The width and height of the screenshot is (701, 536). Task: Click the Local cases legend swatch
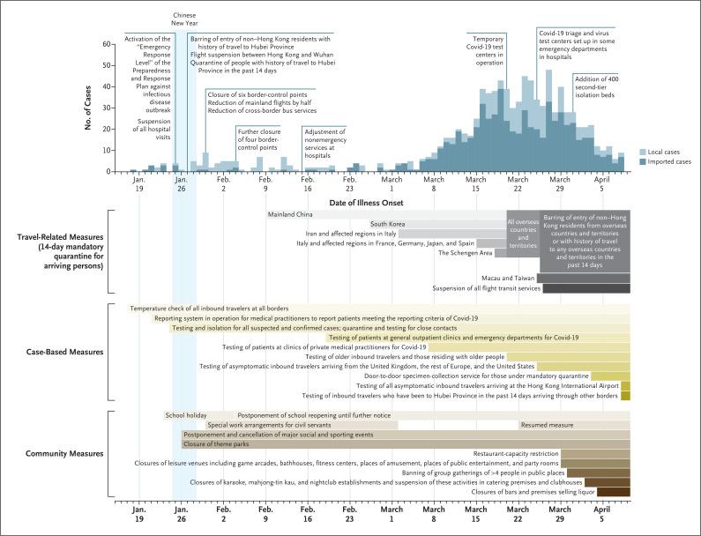[x=643, y=152]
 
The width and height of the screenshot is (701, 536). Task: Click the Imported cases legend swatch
[x=643, y=161]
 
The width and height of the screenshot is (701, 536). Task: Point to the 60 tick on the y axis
[x=107, y=44]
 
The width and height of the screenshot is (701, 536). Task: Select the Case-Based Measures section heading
[x=64, y=351]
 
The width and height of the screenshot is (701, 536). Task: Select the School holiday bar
[x=185, y=415]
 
